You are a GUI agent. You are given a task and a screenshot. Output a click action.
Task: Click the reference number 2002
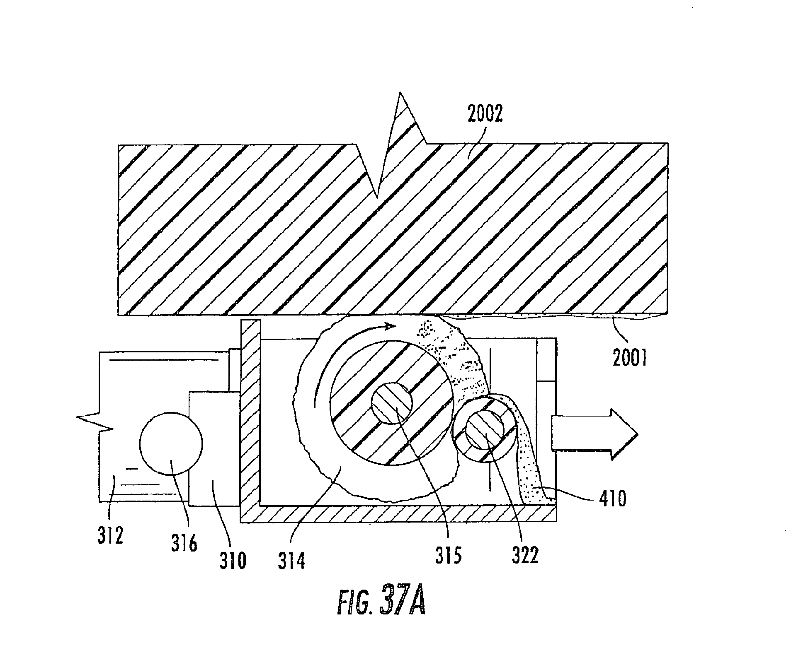point(485,113)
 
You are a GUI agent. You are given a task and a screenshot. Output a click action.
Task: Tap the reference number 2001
point(630,357)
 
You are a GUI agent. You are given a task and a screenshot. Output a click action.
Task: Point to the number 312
point(111,536)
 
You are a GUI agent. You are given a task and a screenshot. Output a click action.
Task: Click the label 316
point(184,543)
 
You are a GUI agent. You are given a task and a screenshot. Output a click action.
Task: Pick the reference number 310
point(233,560)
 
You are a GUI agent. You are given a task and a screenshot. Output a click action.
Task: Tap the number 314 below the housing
point(292,561)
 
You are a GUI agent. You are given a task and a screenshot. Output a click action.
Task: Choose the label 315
point(448,555)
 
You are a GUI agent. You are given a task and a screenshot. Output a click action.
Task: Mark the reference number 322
point(525,555)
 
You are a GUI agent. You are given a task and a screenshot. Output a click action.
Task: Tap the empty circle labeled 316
point(171,443)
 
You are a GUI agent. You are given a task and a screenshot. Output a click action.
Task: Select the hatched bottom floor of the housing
point(398,514)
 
